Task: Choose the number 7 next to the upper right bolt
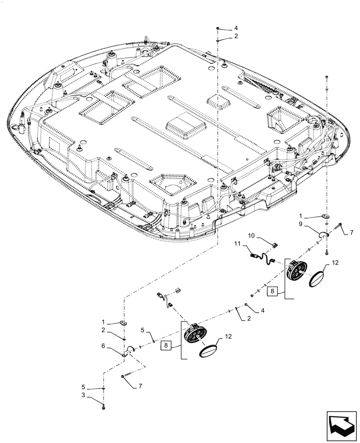(x=352, y=233)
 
